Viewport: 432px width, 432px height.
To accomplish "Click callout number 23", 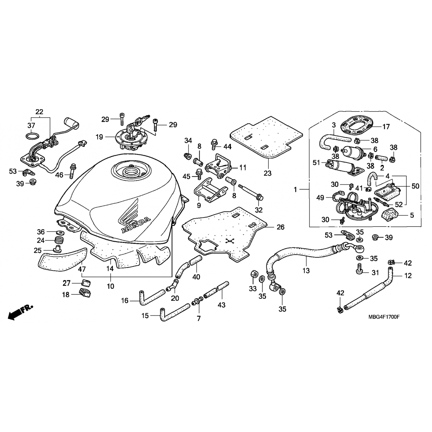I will point(268,173).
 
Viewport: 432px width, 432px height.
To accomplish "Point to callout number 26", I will point(281,227).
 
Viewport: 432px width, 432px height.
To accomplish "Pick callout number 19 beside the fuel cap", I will point(99,137).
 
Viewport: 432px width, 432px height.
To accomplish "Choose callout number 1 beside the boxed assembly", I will point(295,190).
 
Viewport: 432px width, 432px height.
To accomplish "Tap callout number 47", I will point(82,269).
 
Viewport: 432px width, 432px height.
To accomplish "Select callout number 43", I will point(221,305).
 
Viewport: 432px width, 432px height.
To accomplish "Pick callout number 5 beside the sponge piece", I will point(412,215).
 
